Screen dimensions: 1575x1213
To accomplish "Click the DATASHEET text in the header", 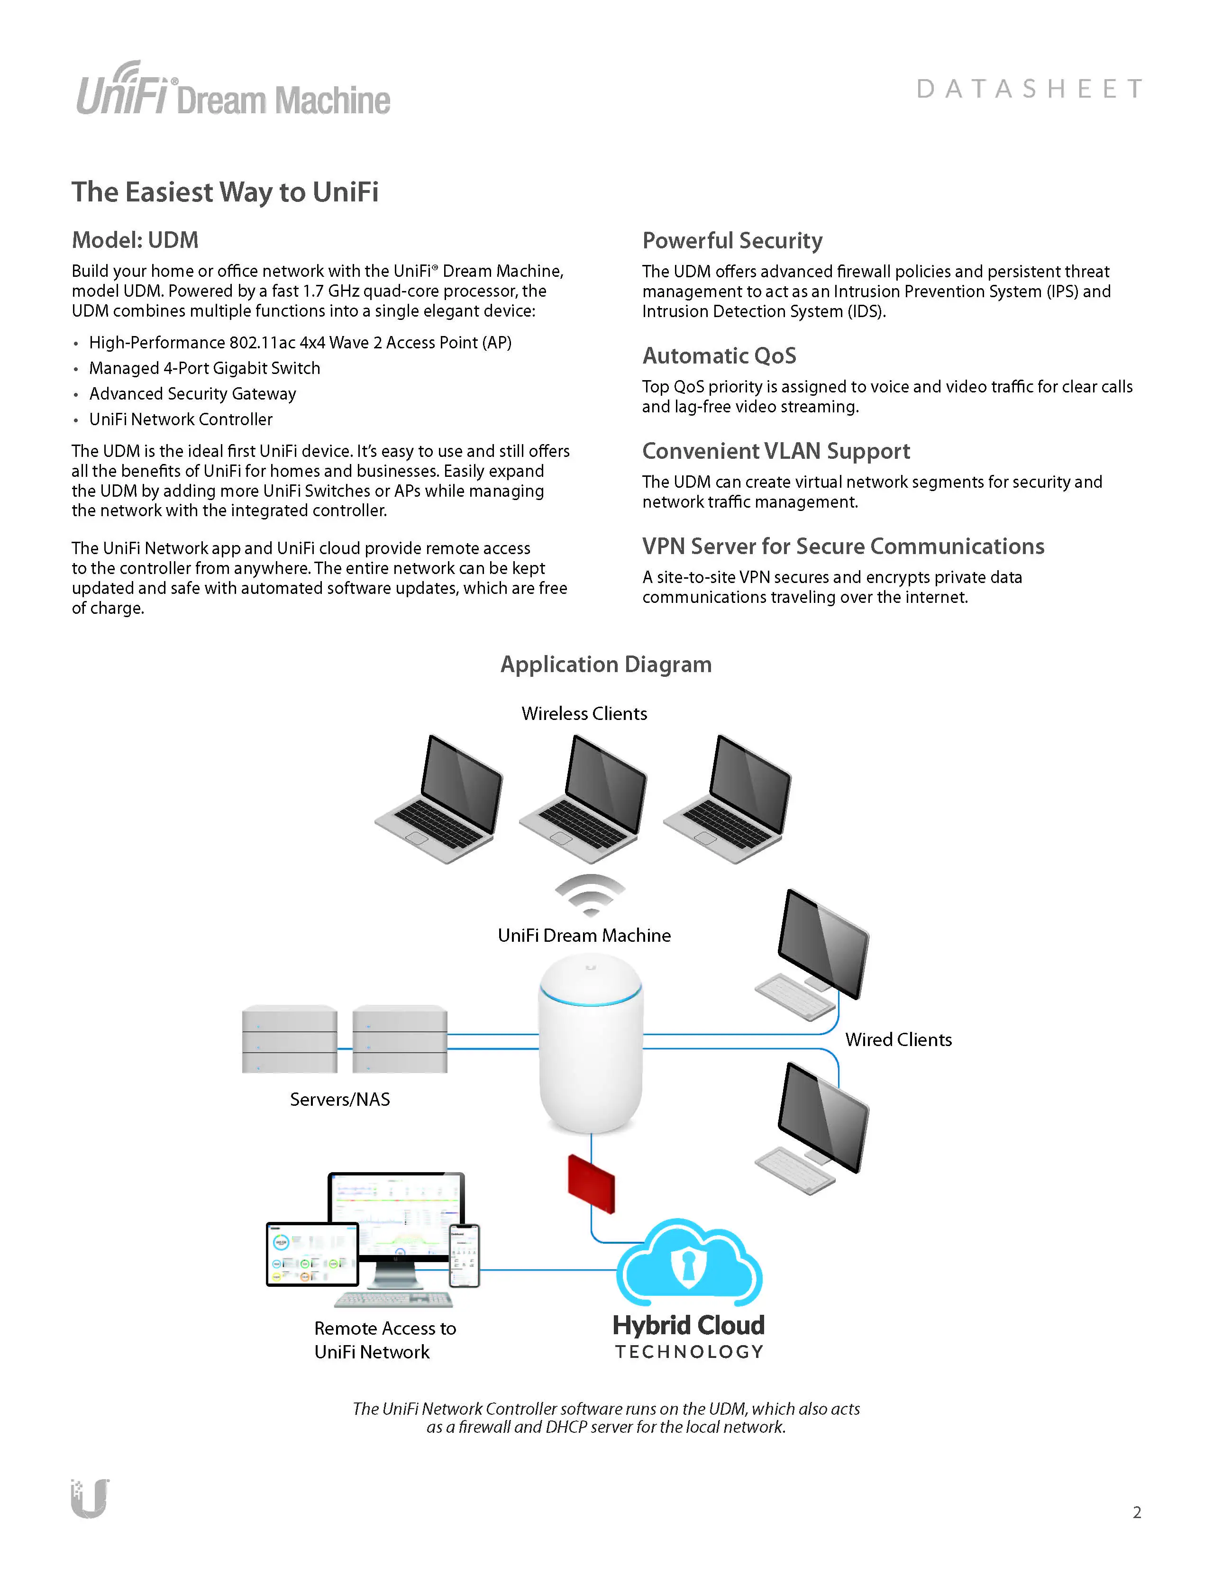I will pos(1029,89).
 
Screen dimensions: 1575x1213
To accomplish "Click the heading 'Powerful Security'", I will pos(732,240).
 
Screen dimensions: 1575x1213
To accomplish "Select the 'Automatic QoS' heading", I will pos(719,355).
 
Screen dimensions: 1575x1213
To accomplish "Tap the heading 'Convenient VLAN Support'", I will pos(776,451).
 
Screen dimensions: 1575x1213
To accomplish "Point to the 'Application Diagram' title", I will pos(606,664).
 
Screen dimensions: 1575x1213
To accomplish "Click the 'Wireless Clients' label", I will pos(584,713).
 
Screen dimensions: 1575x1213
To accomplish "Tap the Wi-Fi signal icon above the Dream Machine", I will pos(590,894).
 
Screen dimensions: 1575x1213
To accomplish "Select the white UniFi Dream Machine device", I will pos(591,1046).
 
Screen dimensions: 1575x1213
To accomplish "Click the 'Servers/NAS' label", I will pos(340,1099).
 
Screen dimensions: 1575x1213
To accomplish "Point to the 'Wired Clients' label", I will pos(898,1039).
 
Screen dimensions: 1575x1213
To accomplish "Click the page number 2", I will pos(1137,1512).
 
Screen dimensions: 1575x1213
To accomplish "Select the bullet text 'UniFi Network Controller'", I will pos(180,419).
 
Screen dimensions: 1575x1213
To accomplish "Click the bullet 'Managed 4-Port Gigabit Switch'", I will pos(204,368).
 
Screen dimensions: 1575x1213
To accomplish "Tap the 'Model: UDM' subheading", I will pos(135,240).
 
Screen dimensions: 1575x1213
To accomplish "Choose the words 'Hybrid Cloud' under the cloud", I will pos(688,1325).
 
